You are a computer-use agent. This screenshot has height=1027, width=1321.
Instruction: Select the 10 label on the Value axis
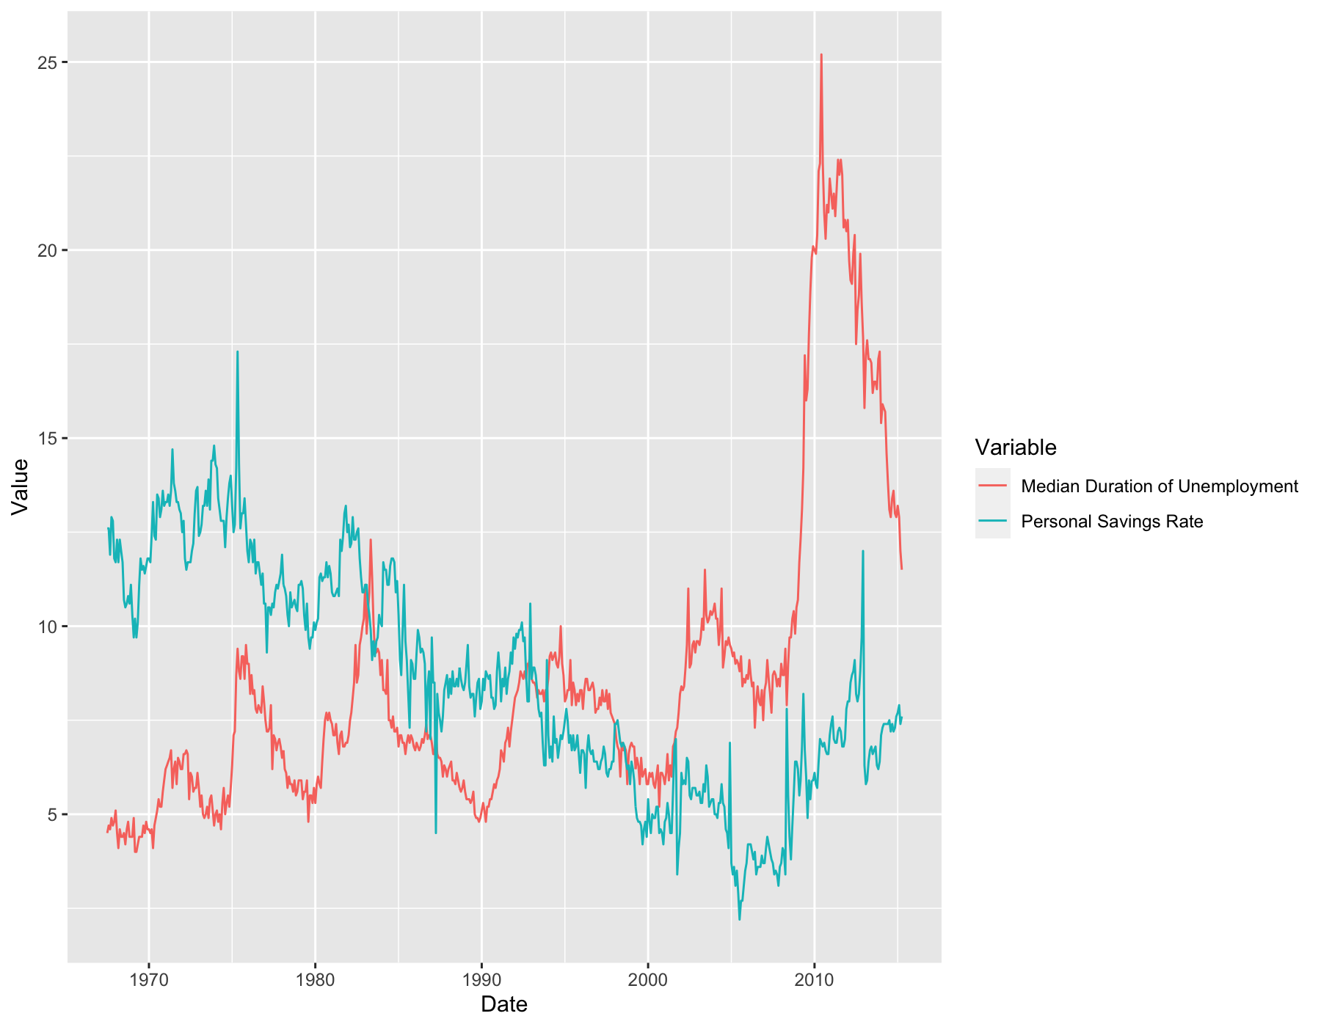click(46, 626)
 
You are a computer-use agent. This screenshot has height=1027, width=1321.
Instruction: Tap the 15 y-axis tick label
click(46, 439)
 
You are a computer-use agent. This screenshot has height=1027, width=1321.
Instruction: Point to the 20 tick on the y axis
click(46, 250)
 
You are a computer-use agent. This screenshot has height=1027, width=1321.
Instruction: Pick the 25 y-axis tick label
click(46, 62)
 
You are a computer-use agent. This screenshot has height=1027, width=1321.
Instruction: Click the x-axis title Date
click(504, 1004)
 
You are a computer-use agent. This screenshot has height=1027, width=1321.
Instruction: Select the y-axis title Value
click(20, 486)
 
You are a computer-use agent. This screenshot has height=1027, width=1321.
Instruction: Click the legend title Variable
click(1016, 447)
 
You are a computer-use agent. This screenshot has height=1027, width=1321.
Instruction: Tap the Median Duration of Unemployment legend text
click(1160, 486)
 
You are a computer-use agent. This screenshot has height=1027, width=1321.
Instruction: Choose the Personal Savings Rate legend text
click(1112, 522)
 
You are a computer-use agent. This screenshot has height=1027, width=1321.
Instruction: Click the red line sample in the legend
click(992, 486)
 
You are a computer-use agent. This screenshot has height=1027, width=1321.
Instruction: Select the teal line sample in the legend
click(992, 521)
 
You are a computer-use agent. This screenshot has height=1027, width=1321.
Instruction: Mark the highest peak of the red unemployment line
click(821, 54)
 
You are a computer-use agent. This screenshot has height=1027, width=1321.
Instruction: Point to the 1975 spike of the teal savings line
click(237, 352)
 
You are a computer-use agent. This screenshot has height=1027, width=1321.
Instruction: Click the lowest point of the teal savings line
click(739, 919)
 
